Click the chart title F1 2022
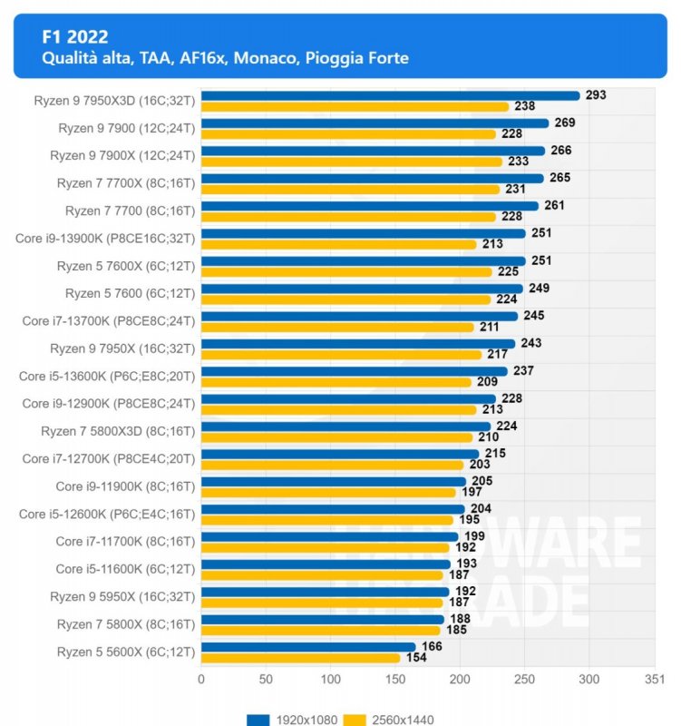pos(75,37)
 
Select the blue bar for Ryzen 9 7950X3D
pos(390,95)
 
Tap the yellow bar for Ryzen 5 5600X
pos(300,658)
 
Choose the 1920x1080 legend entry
pos(291,720)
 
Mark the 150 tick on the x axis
pos(395,678)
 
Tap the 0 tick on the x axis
pos(201,678)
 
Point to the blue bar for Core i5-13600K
pos(354,371)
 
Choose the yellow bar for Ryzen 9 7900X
pos(351,162)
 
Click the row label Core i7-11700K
pos(125,542)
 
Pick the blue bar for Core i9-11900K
pos(333,482)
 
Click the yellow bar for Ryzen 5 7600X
pos(346,271)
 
